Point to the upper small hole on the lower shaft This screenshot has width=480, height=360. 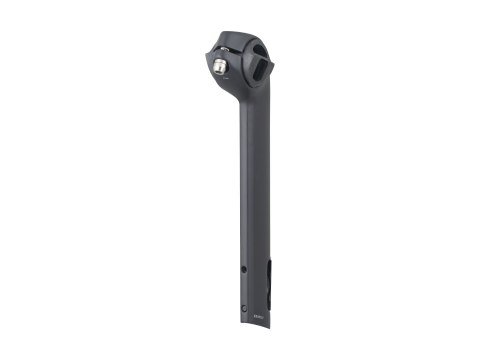[x=244, y=267]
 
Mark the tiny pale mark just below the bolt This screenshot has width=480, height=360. [x=219, y=81]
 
